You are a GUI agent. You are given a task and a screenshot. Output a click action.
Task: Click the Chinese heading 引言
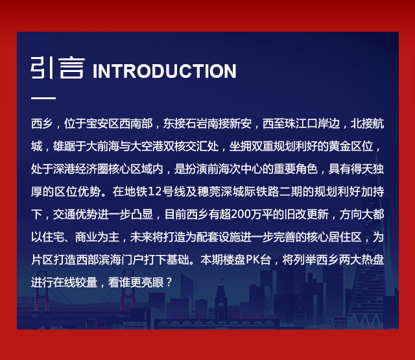58,67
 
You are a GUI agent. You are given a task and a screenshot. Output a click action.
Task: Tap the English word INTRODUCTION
164,71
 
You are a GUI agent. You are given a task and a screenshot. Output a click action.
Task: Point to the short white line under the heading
43,98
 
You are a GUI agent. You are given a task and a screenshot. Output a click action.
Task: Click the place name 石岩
196,124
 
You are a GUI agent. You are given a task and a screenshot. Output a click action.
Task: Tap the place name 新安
241,124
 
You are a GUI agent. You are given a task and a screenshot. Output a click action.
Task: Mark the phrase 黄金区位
351,147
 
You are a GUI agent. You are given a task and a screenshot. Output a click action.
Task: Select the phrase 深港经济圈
80,169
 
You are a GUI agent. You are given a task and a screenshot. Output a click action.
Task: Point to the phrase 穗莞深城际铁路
238,191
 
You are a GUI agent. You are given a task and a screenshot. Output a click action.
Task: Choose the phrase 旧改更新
307,215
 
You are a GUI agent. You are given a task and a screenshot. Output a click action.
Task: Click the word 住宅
53,237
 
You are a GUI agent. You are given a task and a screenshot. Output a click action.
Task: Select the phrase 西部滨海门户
109,259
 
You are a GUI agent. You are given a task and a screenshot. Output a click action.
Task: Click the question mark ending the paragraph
169,282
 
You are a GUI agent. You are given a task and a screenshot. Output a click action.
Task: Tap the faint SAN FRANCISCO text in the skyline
254,317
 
